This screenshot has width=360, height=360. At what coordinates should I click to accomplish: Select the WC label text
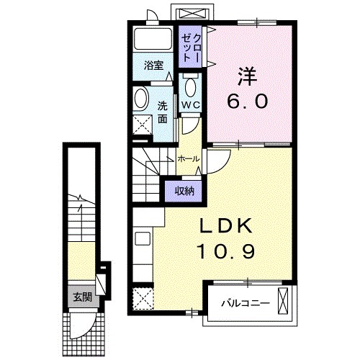point(190,104)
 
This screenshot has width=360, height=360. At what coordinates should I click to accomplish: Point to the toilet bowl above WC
point(190,88)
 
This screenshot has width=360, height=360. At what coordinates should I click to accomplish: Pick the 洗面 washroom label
point(163,111)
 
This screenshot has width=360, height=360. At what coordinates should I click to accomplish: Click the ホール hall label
point(188,158)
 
